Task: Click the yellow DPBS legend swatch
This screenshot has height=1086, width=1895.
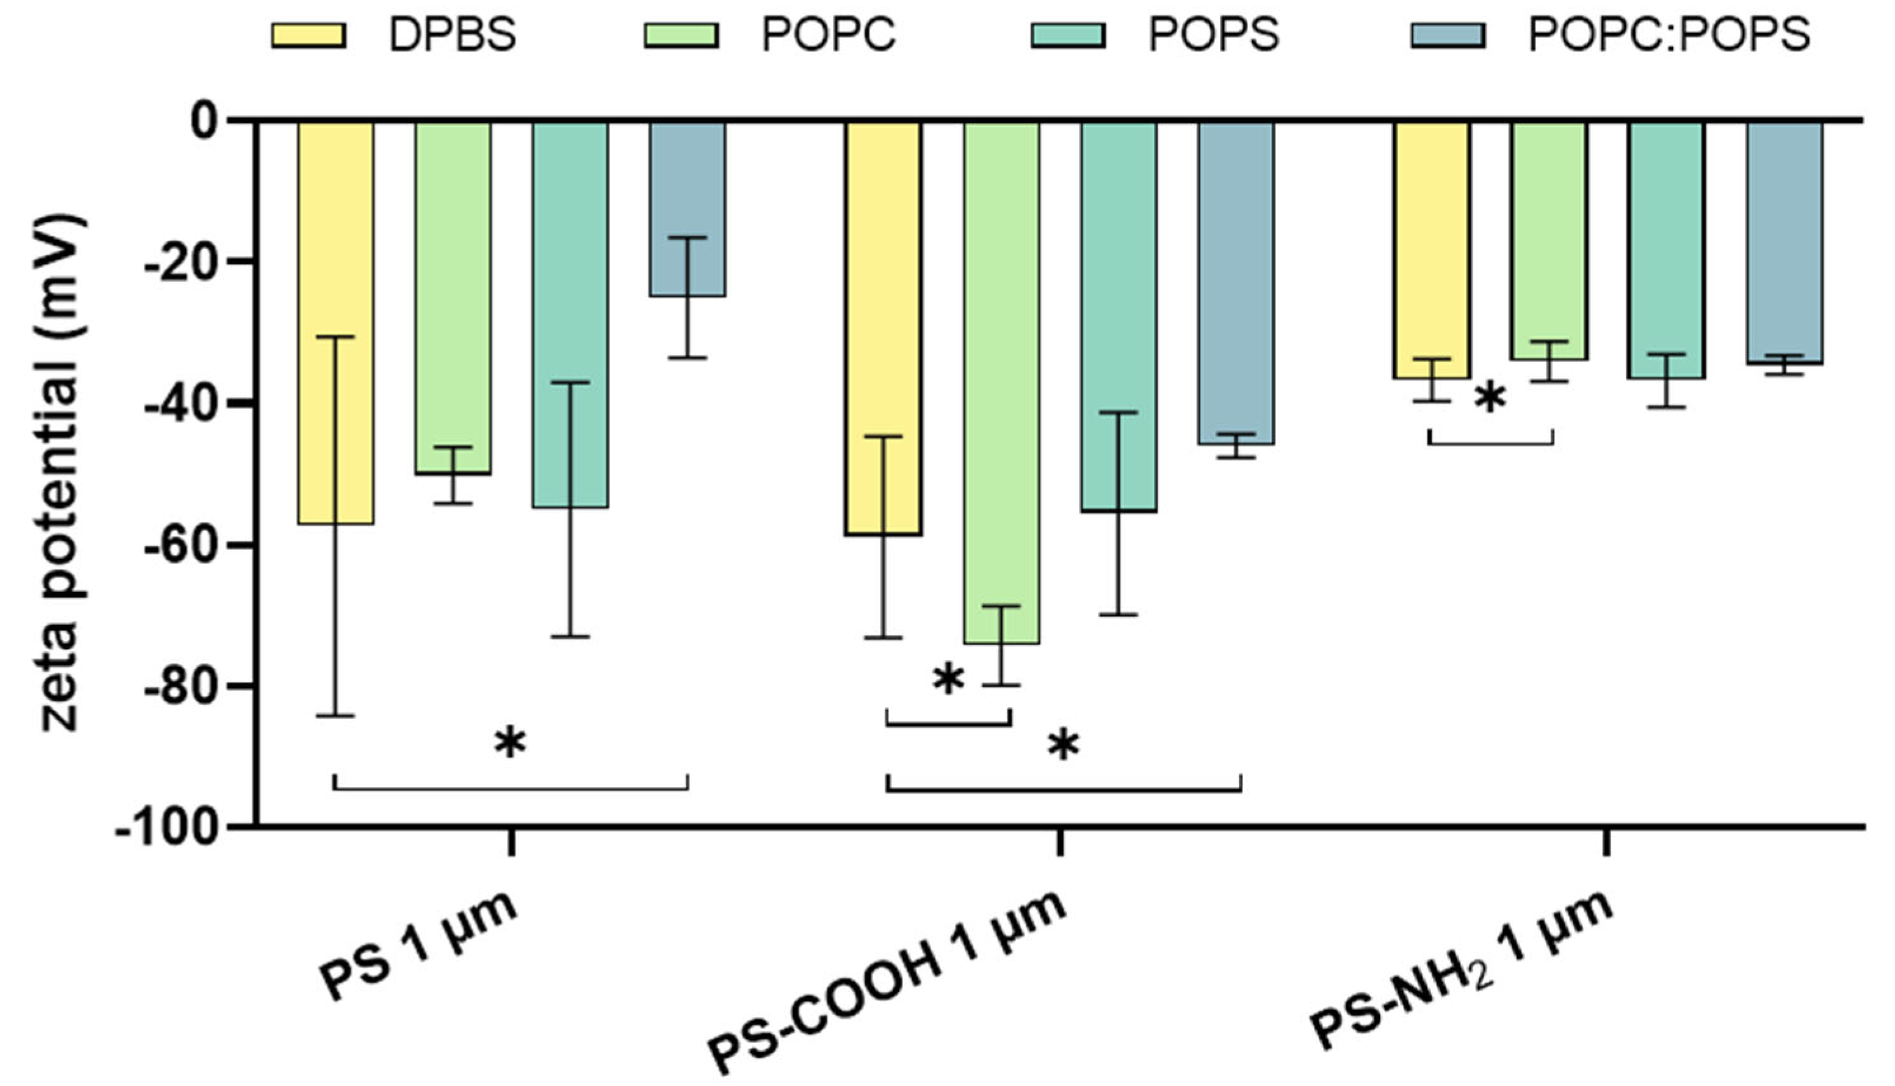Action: pos(308,35)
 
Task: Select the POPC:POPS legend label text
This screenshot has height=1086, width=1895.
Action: pos(1669,35)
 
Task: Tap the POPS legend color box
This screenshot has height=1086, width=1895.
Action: pos(1067,35)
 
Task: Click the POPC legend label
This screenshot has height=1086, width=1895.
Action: pos(828,35)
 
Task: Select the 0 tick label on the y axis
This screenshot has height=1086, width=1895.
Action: pos(204,121)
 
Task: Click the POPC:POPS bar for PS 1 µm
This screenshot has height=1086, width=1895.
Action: pos(687,209)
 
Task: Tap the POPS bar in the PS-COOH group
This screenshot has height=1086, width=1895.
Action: pos(1119,313)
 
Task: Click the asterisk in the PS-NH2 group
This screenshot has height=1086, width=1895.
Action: pos(1490,399)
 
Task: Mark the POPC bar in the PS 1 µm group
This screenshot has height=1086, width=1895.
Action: pos(452,298)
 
